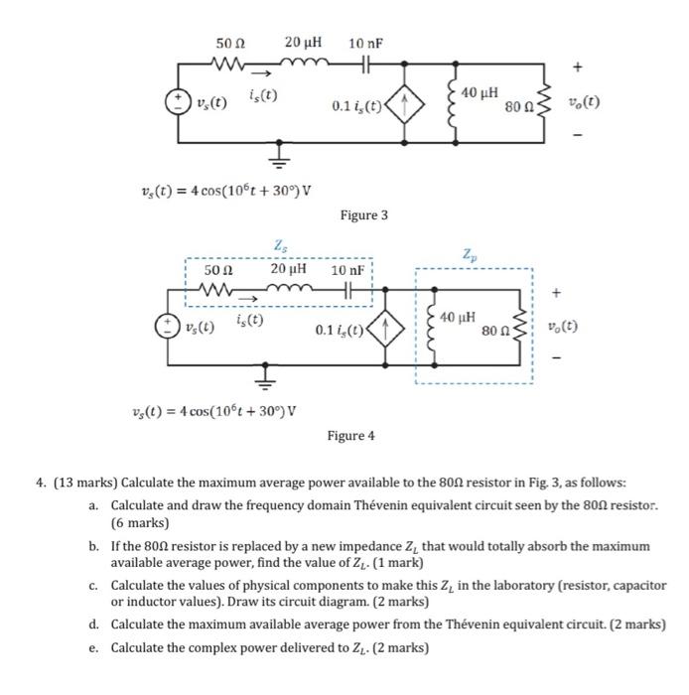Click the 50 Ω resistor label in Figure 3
[230, 44]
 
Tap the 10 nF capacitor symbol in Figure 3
[365, 65]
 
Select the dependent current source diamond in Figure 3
[404, 104]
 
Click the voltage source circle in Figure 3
[178, 102]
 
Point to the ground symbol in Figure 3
[279, 156]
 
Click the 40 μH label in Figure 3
[480, 93]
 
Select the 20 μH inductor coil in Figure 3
[305, 63]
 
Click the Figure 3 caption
[363, 215]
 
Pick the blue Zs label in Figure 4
[280, 245]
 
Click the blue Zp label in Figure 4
[470, 255]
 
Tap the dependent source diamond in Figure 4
[385, 329]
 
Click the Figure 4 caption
[350, 436]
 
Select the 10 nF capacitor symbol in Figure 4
[348, 290]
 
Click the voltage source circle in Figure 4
[168, 327]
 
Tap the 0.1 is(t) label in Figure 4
[340, 331]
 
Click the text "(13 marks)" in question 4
[85, 483]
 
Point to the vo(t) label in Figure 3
[585, 102]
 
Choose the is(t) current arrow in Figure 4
[248, 299]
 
